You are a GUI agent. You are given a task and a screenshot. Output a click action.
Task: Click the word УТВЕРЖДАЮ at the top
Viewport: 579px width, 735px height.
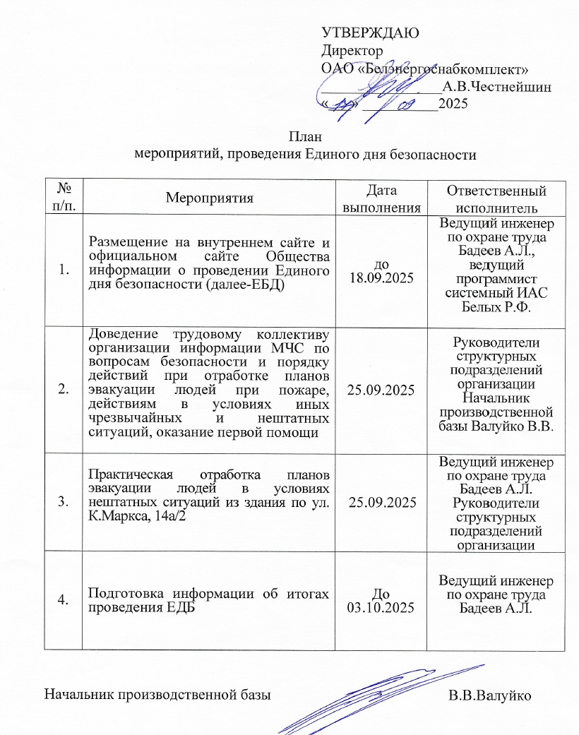(371, 32)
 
